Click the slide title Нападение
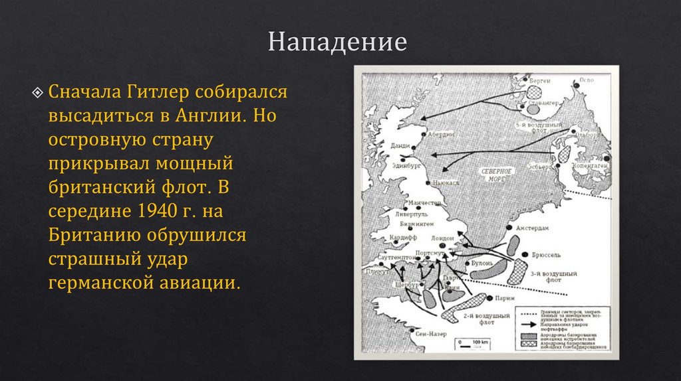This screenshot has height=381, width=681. coord(337,42)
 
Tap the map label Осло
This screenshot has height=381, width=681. coord(585,80)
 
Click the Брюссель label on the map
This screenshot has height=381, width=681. coord(548,255)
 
